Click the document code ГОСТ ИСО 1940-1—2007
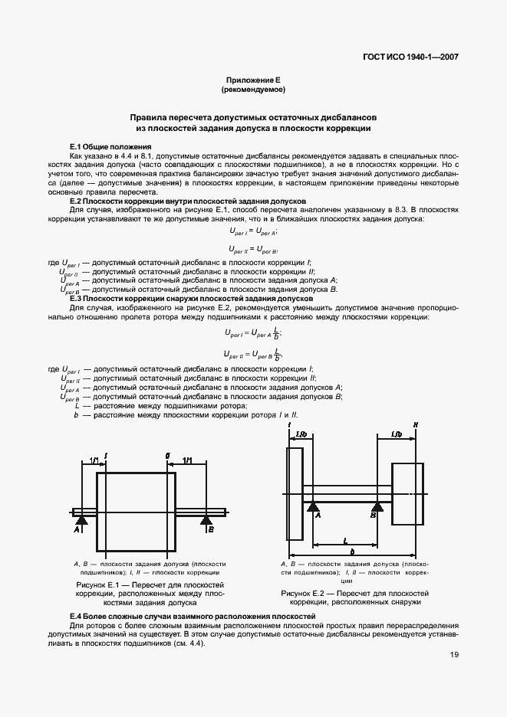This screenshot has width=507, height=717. pyautogui.click(x=415, y=57)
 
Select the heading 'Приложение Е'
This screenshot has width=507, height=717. pyautogui.click(x=253, y=80)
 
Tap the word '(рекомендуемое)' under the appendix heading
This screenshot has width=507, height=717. pyautogui.click(x=253, y=90)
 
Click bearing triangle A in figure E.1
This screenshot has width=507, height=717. pyautogui.click(x=82, y=520)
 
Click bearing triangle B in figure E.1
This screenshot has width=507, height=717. pyautogui.click(x=206, y=520)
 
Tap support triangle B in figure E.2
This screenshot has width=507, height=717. pyautogui.click(x=377, y=506)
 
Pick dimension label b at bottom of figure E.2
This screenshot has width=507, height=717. pyautogui.click(x=351, y=552)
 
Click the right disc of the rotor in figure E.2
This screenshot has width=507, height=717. pyautogui.click(x=407, y=493)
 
